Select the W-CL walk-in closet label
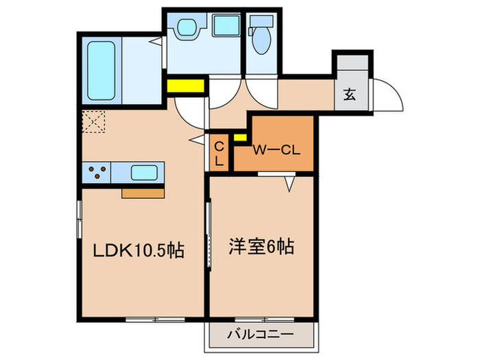click(x=274, y=149)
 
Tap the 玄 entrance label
click(x=350, y=95)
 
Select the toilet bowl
click(x=261, y=43)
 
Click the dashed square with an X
click(x=93, y=121)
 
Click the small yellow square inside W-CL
click(x=240, y=136)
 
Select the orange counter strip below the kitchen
click(x=143, y=193)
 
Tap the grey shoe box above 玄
click(x=352, y=69)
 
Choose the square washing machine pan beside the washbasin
click(x=224, y=26)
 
